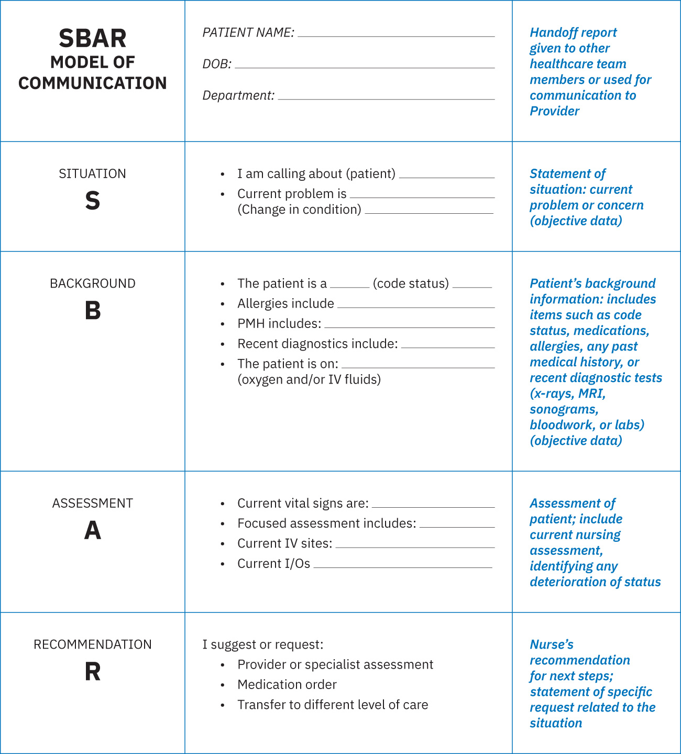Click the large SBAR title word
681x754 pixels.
pyautogui.click(x=92, y=38)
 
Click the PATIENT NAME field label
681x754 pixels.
pyautogui.click(x=248, y=32)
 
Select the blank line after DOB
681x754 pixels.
pyautogui.click(x=365, y=67)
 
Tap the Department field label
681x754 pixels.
pyautogui.click(x=238, y=95)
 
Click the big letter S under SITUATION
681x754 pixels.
pyautogui.click(x=92, y=201)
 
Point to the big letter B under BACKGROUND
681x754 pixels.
pyautogui.click(x=92, y=311)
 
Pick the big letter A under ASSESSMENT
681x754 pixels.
pyautogui.click(x=92, y=530)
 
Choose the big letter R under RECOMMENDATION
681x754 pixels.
pyautogui.click(x=92, y=672)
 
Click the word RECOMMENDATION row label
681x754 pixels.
pyautogui.click(x=92, y=644)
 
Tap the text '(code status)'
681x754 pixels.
pyautogui.click(x=411, y=283)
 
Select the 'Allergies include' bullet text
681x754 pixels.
pyautogui.click(x=285, y=303)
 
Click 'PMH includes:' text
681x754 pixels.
pyautogui.click(x=279, y=324)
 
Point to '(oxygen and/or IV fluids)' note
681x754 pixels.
pyautogui.click(x=309, y=379)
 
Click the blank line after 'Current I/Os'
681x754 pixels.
pyautogui.click(x=402, y=566)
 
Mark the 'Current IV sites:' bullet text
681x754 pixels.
pyautogui.click(x=284, y=543)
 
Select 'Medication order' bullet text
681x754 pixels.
pyautogui.click(x=287, y=684)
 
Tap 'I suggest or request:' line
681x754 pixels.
pyautogui.click(x=263, y=644)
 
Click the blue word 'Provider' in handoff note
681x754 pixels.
pyautogui.click(x=554, y=111)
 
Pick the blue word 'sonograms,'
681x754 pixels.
pyautogui.click(x=564, y=409)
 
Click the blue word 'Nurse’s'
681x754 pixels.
pyautogui.click(x=551, y=644)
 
